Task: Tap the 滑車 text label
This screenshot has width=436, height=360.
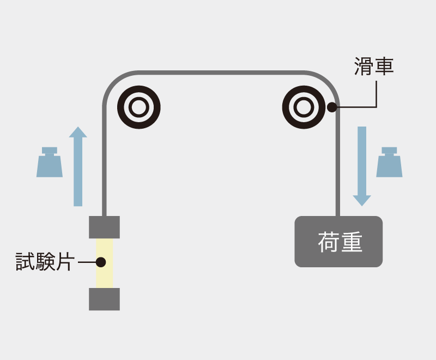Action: (374, 67)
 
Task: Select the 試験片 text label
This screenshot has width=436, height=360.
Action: (45, 261)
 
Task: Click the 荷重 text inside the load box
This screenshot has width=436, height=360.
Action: (340, 242)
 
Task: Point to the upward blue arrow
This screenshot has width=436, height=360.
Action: (78, 166)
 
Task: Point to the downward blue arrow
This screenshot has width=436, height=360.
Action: (362, 166)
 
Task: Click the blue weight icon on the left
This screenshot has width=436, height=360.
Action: (50, 162)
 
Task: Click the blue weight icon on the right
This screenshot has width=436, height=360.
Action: (389, 162)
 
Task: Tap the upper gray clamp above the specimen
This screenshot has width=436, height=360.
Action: (104, 227)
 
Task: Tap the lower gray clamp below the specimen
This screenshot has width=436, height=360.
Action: (104, 299)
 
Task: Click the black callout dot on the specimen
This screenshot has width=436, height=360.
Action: (101, 262)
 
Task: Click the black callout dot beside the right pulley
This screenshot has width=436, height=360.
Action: (332, 107)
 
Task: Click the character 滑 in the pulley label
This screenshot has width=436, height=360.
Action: (364, 67)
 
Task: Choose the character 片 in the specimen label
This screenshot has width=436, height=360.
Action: (65, 261)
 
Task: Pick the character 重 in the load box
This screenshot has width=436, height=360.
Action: (352, 242)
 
